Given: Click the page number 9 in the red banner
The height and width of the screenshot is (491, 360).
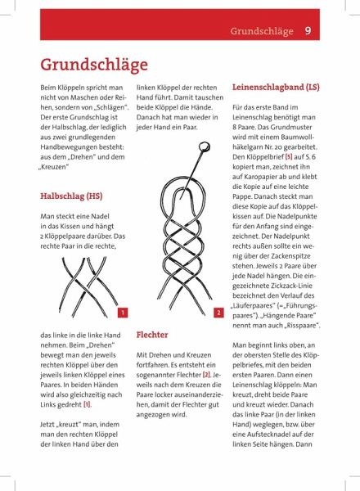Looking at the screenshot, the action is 308,31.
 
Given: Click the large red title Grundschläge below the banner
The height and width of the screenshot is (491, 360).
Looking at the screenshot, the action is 94,65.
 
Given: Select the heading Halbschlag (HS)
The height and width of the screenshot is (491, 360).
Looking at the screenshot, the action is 71,196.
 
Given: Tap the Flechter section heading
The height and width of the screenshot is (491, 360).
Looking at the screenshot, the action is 152,335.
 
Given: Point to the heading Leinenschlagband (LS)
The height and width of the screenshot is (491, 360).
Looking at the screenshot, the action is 276,87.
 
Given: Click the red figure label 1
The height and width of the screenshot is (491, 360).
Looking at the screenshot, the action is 123,313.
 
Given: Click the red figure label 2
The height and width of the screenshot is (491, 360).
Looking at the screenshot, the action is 218,313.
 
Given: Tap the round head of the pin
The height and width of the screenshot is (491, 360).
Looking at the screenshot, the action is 204,146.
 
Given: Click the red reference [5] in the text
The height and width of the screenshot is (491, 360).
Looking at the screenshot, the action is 289,156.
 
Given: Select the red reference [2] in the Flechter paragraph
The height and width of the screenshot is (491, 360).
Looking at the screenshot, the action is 206,375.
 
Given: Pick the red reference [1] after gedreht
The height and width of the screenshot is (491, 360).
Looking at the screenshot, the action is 87,404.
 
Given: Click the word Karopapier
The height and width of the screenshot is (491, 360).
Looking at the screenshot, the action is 260,177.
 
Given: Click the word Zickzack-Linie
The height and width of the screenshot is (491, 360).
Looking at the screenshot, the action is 292,286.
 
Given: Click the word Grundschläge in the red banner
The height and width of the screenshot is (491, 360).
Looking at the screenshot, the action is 262,31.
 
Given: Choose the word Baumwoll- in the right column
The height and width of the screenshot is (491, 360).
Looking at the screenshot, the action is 297,137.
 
